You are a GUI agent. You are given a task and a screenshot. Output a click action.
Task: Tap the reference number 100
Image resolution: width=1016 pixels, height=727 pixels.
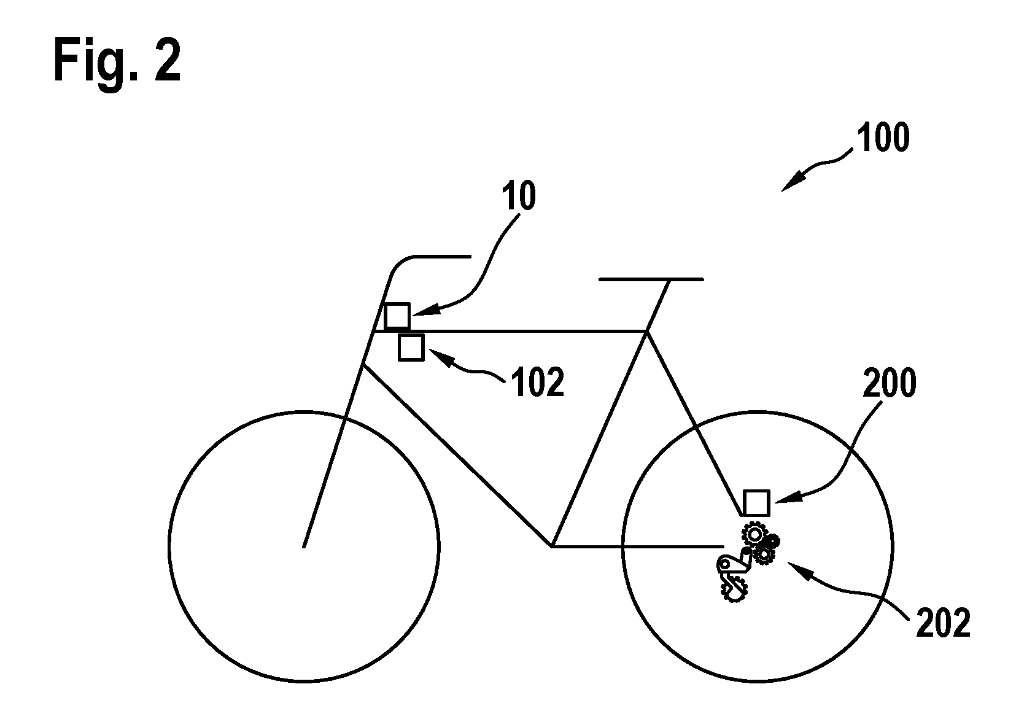point(883,137)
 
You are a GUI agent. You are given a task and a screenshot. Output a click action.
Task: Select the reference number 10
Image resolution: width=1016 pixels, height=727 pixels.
point(518,195)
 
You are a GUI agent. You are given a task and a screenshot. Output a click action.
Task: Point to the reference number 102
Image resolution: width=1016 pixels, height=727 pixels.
point(538,382)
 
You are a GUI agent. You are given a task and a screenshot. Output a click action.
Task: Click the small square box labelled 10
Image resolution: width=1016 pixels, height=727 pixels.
point(397,316)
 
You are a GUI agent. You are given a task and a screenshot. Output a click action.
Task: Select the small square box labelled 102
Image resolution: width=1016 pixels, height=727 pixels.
point(411,348)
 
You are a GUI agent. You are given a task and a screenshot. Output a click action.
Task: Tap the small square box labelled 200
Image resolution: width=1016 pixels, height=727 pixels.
point(756,503)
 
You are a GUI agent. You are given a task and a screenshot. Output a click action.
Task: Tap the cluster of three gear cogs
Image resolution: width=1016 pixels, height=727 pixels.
point(761,543)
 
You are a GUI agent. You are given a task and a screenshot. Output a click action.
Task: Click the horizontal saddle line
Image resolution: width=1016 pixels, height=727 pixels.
point(651,279)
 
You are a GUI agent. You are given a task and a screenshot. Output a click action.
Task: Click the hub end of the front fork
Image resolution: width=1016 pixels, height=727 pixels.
point(304,546)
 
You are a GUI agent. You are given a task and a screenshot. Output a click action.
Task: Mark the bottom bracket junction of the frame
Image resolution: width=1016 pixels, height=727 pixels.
point(552,546)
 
